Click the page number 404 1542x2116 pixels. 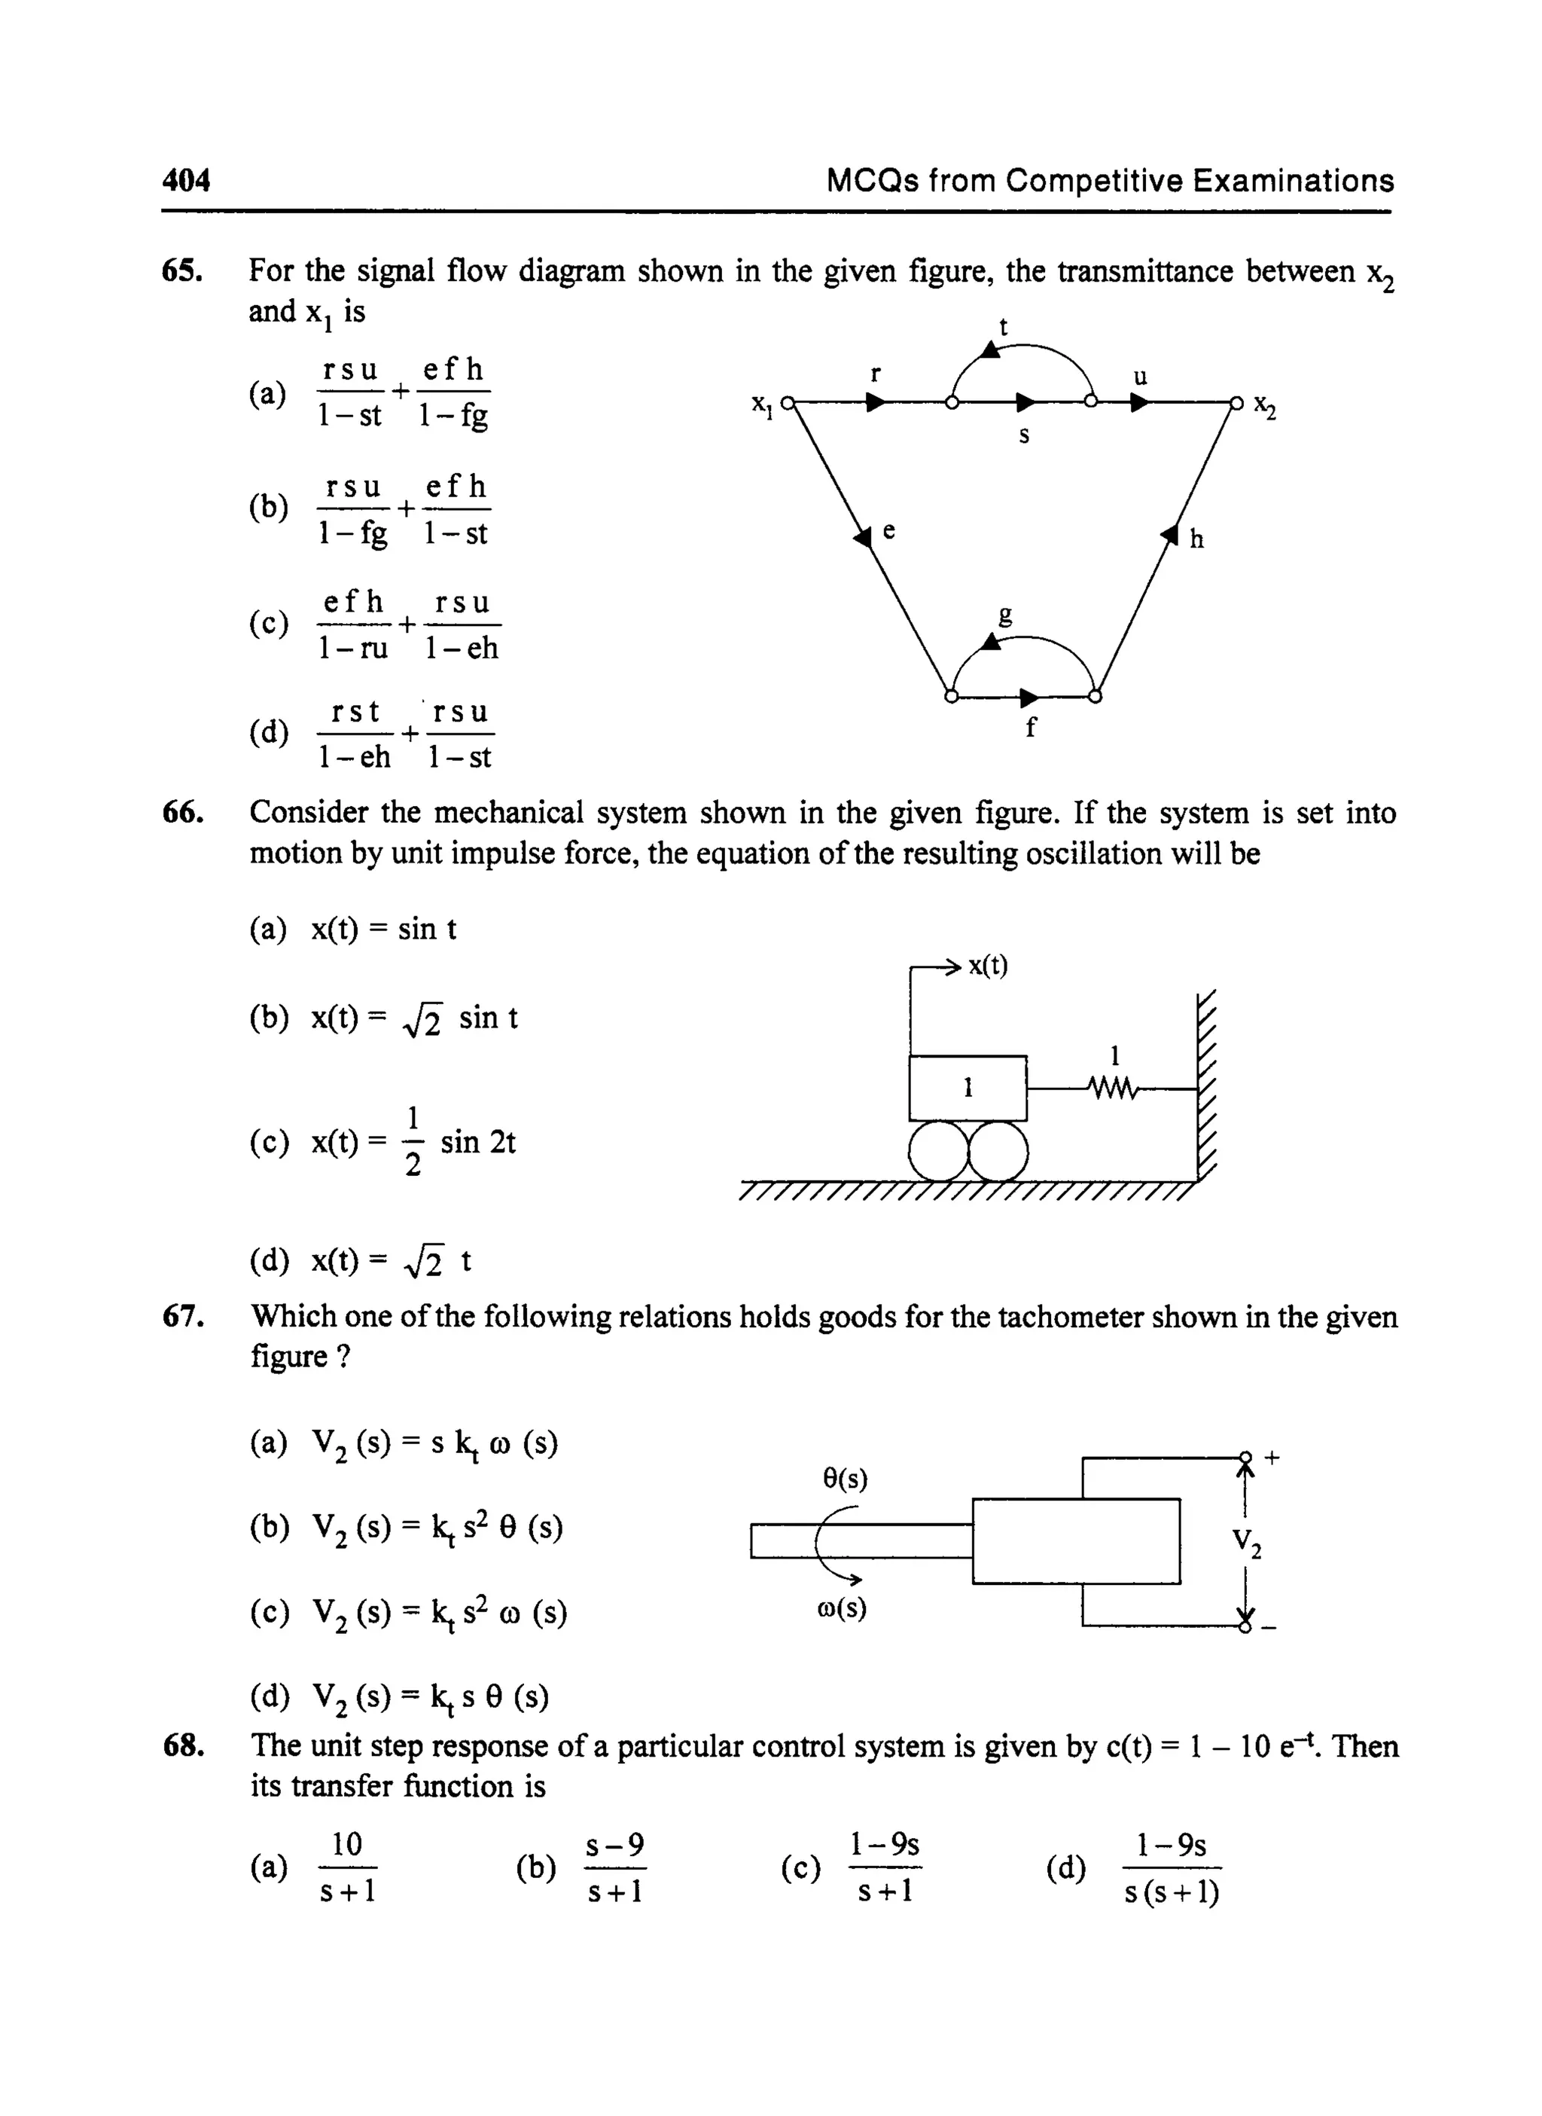point(186,179)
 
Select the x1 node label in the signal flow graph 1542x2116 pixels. point(763,404)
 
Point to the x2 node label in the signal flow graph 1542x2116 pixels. point(1265,405)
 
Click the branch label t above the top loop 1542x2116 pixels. point(1004,327)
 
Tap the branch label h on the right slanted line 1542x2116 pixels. point(1196,540)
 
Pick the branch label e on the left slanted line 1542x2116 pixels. point(888,530)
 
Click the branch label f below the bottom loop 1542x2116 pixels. point(1031,728)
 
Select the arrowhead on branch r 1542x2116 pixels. point(876,402)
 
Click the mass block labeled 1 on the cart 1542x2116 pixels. point(968,1088)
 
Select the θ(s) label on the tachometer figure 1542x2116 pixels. point(845,1478)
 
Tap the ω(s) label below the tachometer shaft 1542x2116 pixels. point(841,1609)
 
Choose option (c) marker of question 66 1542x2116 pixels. point(269,1142)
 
